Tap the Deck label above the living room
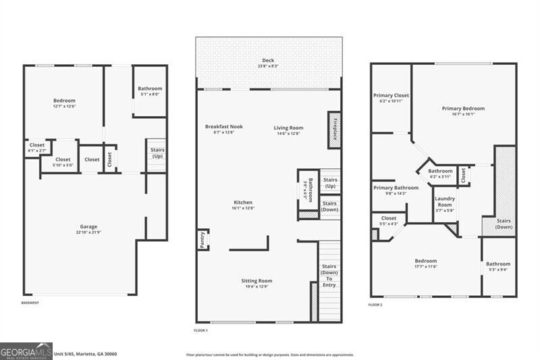(268, 61)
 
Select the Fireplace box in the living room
(333, 126)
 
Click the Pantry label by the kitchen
(202, 240)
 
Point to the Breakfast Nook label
(224, 126)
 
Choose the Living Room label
(288, 128)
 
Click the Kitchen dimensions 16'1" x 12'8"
(243, 208)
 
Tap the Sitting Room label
(256, 280)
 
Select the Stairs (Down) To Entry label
(329, 276)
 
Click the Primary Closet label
(391, 95)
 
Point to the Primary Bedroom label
(463, 108)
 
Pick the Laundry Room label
(445, 201)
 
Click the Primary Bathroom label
(396, 188)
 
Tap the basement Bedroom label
(64, 101)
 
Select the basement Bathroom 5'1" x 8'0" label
(150, 91)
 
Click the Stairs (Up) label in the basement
(157, 153)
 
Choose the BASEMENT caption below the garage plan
(30, 303)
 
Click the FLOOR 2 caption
(375, 305)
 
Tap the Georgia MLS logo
(26, 351)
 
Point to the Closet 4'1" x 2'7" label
(37, 147)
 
